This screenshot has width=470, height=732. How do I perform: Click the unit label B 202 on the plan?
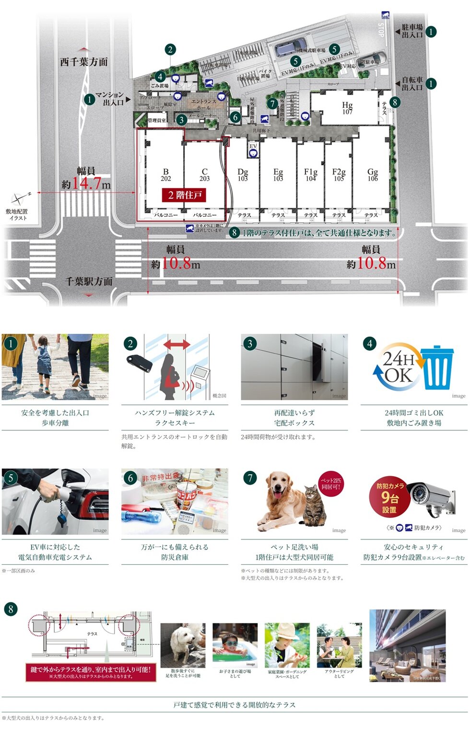coord(165,175)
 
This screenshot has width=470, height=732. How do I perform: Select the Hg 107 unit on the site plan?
coord(347,108)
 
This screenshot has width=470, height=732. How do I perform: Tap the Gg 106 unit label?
coord(373,174)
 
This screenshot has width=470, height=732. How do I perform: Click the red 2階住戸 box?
coord(184,195)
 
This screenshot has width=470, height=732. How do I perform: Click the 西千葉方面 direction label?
coord(84,62)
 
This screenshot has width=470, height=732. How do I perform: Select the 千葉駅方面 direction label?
coord(89,281)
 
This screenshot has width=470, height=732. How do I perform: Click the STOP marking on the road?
coord(381,30)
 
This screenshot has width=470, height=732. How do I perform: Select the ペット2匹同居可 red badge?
coord(330,484)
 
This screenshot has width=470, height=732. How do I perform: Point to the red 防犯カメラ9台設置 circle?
coord(389,498)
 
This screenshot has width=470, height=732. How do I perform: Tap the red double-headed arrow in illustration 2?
coord(177,345)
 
